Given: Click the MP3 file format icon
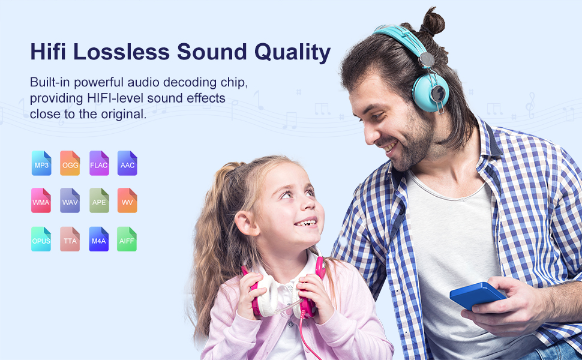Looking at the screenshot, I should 41,163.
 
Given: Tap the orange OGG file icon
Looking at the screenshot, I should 70,163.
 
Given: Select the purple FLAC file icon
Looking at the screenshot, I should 99,163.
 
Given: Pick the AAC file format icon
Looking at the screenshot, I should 127,163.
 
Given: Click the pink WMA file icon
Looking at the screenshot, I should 41,200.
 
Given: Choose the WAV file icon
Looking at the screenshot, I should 70,200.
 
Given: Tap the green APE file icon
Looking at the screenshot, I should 99,200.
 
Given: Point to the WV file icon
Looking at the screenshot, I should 127,200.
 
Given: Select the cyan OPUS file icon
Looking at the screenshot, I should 41,239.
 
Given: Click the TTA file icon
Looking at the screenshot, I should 70,239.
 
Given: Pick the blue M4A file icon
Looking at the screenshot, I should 99,239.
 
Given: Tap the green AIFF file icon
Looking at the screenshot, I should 127,239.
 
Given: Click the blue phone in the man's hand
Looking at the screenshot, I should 478,295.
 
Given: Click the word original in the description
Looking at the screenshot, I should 124,114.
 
